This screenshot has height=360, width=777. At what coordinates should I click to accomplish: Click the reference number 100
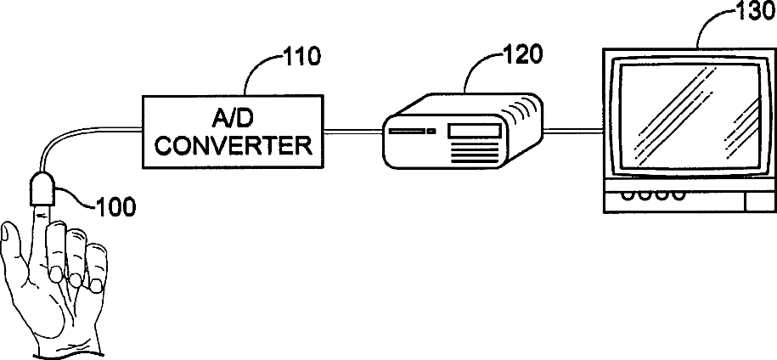116,206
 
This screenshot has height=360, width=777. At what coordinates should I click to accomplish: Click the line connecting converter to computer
350,130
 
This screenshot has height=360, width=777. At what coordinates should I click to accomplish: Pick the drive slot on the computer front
407,132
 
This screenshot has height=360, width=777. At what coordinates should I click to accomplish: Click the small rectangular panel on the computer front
473,132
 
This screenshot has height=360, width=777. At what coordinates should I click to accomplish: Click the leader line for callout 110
255,71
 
